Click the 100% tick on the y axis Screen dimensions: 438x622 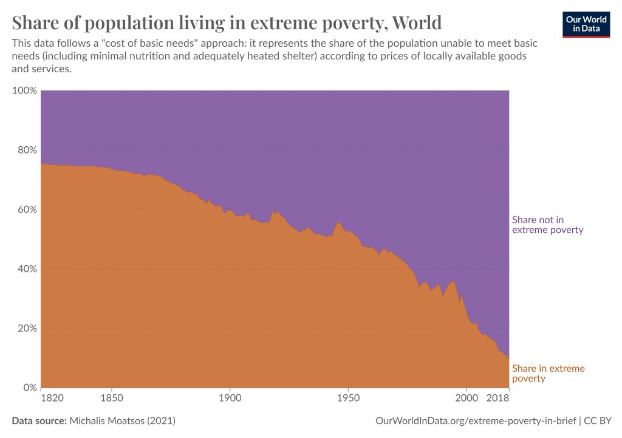pyautogui.click(x=24, y=90)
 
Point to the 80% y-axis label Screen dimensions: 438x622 pyautogui.click(x=26, y=150)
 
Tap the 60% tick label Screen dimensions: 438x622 pyautogui.click(x=26, y=209)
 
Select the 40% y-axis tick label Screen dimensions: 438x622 pyautogui.click(x=26, y=269)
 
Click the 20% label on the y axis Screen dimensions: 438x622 pyautogui.click(x=26, y=328)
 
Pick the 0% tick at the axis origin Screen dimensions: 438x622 pyautogui.click(x=29, y=388)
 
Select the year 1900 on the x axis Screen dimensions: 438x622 pyautogui.click(x=230, y=399)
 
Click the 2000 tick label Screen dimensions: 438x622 pyautogui.click(x=466, y=399)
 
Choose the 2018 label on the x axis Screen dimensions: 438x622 pyautogui.click(x=497, y=399)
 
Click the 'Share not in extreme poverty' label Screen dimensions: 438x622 pyautogui.click(x=547, y=224)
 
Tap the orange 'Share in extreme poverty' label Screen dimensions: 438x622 pyautogui.click(x=548, y=373)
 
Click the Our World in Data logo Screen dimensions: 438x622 pyautogui.click(x=586, y=24)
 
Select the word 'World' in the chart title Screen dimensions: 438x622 pyautogui.click(x=417, y=22)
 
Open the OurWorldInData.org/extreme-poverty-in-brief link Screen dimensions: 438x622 pyautogui.click(x=475, y=420)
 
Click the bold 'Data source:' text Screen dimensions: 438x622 pyautogui.click(x=39, y=420)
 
